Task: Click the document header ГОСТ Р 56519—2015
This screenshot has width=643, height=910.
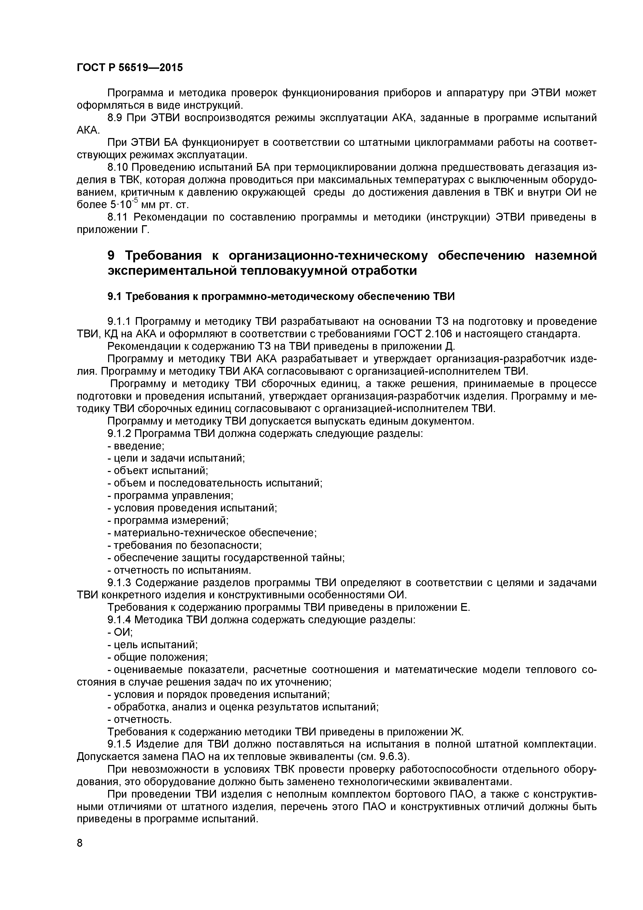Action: [129, 68]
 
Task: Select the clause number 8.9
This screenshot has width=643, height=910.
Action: [116, 118]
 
